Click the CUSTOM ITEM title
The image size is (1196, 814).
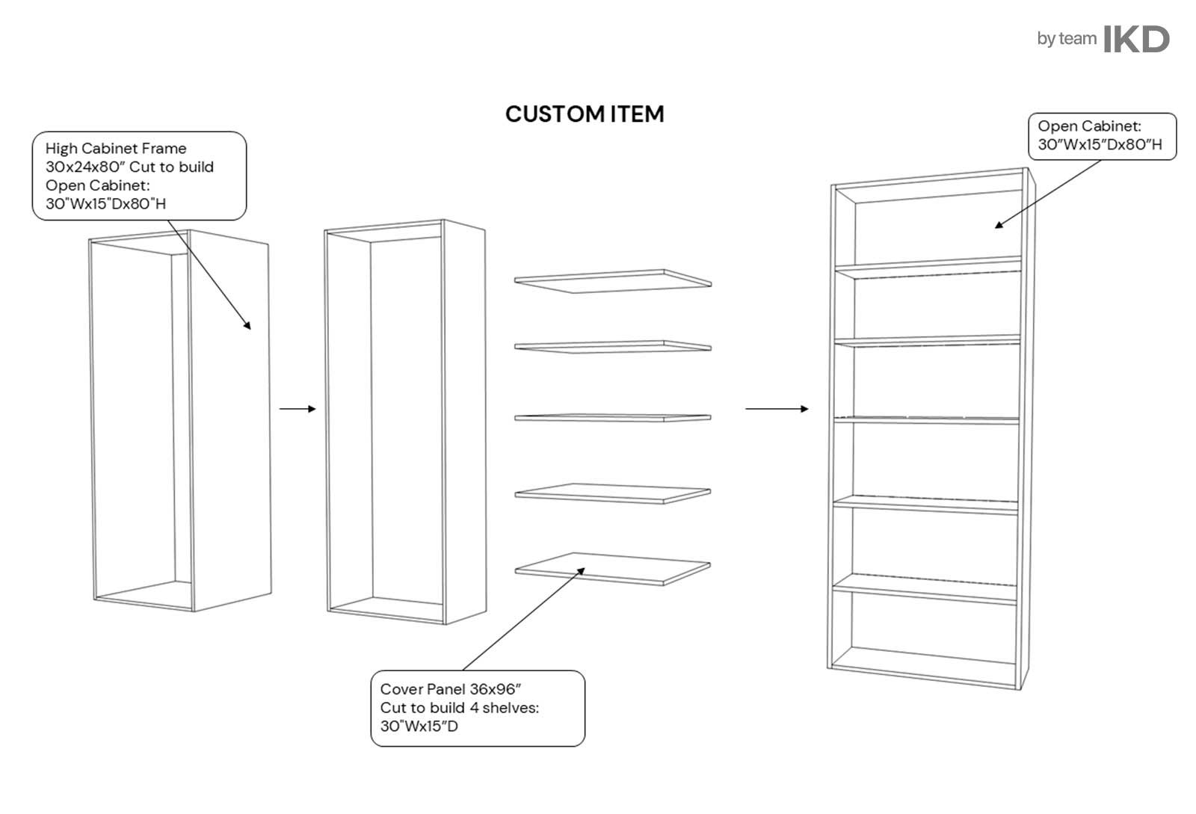click(x=584, y=114)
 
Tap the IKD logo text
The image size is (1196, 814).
click(x=1136, y=40)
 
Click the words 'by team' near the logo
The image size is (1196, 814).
click(x=1067, y=39)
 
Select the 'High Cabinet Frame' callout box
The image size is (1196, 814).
click(x=139, y=176)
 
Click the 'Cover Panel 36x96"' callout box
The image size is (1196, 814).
click(x=478, y=708)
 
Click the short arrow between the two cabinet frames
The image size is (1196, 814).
click(x=298, y=409)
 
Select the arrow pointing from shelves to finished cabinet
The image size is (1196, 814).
click(x=777, y=409)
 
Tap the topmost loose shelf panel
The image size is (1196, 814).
click(x=613, y=281)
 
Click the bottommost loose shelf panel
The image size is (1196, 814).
click(x=613, y=569)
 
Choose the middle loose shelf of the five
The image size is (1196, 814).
click(x=613, y=417)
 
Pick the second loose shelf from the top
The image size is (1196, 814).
click(x=613, y=347)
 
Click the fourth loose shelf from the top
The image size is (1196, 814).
click(x=613, y=493)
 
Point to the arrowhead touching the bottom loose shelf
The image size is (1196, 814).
click(x=581, y=571)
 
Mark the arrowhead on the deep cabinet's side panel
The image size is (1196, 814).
click(x=247, y=325)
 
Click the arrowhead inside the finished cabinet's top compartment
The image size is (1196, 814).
click(x=999, y=224)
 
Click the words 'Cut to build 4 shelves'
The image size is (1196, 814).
click(x=459, y=708)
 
